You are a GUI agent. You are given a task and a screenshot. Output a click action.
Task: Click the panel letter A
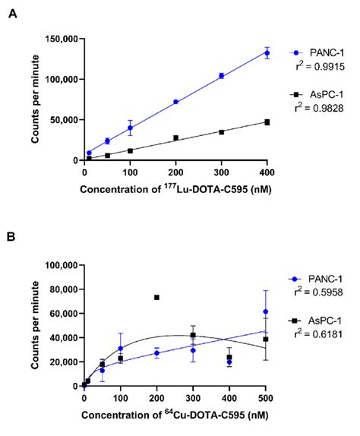(x=12, y=12)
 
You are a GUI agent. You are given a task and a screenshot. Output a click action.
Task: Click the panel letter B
(x=12, y=236)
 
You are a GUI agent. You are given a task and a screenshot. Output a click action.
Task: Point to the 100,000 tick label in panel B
(x=62, y=266)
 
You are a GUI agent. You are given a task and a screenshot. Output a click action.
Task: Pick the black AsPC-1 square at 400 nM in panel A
(x=267, y=122)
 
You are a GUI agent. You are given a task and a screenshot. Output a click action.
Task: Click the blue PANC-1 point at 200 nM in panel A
(x=175, y=102)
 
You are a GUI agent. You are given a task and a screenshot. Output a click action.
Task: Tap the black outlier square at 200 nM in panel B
(x=156, y=297)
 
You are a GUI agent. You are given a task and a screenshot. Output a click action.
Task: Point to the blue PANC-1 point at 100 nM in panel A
(x=130, y=128)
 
